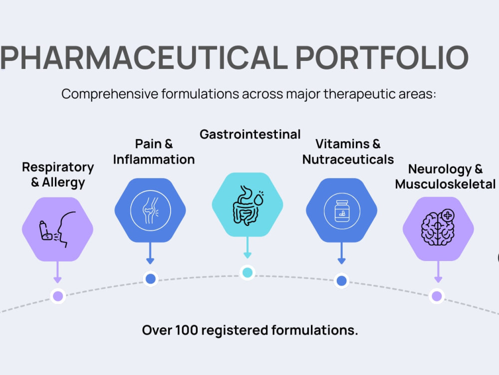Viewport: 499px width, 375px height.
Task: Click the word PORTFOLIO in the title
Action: [x=382, y=57]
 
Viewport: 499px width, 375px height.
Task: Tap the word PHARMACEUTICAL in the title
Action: [x=144, y=57]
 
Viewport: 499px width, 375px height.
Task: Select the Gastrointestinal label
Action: [x=250, y=134]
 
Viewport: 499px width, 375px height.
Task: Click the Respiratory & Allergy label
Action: [x=58, y=174]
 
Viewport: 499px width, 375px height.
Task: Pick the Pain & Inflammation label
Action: [x=154, y=152]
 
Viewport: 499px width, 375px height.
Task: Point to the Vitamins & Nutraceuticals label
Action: [x=348, y=152]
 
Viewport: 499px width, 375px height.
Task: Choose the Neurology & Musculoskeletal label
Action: [x=445, y=176]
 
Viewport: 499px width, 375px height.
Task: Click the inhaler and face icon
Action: [x=57, y=229]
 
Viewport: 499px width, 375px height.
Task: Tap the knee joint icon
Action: [x=151, y=210]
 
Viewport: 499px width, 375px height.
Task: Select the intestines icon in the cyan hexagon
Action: [x=248, y=205]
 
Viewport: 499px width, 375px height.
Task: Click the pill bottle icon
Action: [x=342, y=211]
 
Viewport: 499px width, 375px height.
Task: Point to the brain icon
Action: [x=438, y=227]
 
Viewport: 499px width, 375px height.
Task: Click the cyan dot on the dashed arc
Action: [x=248, y=272]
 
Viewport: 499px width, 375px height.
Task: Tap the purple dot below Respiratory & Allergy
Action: [x=58, y=296]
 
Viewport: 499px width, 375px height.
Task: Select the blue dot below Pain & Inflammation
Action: [x=151, y=279]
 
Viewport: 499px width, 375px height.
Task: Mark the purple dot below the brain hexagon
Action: [x=437, y=296]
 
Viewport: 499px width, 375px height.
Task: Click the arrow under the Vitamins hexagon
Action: [x=341, y=253]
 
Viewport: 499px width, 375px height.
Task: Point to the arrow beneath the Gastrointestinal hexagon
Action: [x=248, y=247]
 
